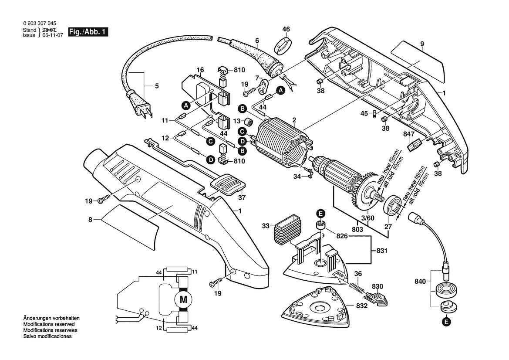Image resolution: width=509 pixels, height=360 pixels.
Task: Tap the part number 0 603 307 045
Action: pyautogui.click(x=39, y=24)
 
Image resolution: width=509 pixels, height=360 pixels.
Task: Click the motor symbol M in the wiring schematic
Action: pyautogui.click(x=183, y=299)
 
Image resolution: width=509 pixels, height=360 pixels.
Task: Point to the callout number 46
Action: pyautogui.click(x=286, y=30)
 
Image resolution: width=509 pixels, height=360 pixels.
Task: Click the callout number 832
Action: pyautogui.click(x=362, y=306)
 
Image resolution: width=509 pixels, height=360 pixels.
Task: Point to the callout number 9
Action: pyautogui.click(x=422, y=44)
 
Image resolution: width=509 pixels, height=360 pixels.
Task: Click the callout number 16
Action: pyautogui.click(x=200, y=70)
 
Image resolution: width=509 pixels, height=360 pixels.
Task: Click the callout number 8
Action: pyautogui.click(x=91, y=221)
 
